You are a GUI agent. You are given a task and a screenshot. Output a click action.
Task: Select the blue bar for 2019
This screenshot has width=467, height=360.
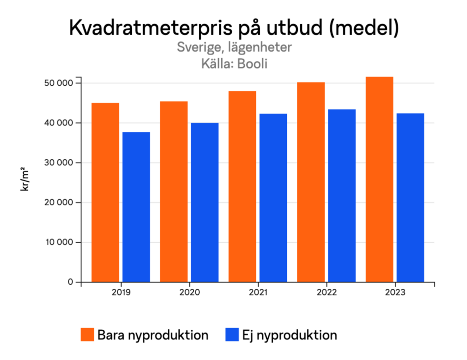[136, 207]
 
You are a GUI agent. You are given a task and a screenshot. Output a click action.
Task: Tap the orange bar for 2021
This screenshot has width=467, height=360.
[242, 187]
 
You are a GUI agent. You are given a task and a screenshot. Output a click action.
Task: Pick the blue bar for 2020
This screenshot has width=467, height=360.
[205, 202]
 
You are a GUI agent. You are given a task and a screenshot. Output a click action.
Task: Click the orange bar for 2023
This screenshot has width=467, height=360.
[379, 179]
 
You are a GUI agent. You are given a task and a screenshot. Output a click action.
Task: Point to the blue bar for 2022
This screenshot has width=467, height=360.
[342, 195]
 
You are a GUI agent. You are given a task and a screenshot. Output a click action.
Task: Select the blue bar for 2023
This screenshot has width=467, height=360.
[410, 198]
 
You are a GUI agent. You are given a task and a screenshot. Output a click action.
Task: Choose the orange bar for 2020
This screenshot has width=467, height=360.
[174, 192]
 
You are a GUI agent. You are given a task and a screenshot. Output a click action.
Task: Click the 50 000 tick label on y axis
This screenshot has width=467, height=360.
[58, 83]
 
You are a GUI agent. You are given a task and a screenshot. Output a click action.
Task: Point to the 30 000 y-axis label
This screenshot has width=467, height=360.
[58, 163]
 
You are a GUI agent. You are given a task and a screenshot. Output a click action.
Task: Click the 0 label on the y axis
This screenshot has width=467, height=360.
[71, 282]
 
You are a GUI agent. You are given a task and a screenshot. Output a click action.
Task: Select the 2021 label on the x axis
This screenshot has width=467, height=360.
[258, 293]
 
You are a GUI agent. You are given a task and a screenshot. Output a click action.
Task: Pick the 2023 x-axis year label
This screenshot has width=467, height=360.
[394, 293]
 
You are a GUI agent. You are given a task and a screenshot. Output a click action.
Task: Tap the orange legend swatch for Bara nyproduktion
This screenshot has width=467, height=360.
[87, 334]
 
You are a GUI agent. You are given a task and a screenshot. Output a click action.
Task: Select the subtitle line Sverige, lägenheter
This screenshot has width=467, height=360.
[234, 47]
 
